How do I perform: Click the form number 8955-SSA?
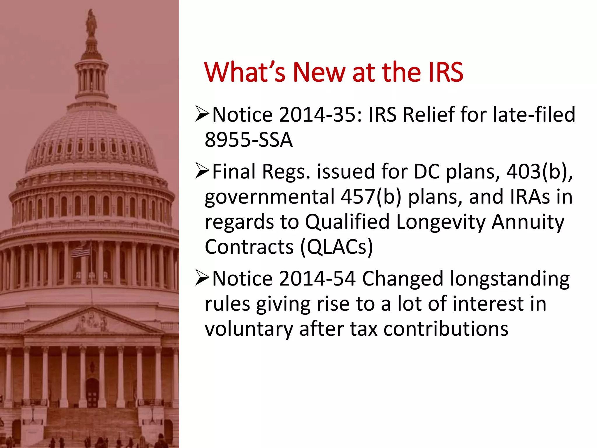coord(248,140)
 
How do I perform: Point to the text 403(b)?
coord(540,171)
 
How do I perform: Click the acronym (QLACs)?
coord(336,247)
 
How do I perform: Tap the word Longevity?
coord(440,222)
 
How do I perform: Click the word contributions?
coord(446,329)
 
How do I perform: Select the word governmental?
coord(270,197)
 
